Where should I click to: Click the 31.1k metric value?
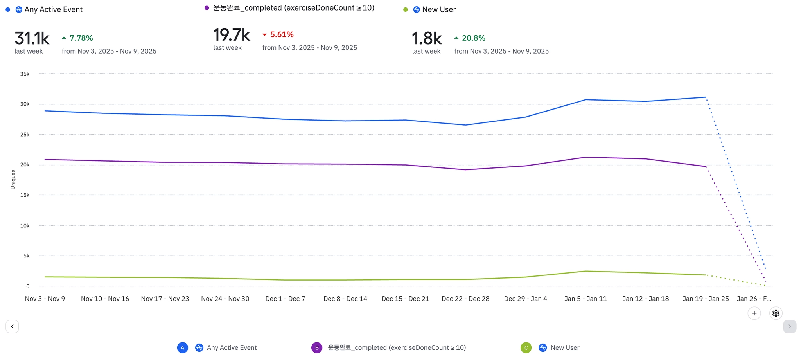coord(32,39)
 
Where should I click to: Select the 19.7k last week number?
coord(232,35)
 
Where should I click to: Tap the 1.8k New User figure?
coord(427,39)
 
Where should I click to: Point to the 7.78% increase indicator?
coord(81,38)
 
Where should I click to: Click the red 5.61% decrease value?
coord(282,34)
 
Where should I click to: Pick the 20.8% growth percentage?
coord(473,38)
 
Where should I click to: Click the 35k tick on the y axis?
coord(25,74)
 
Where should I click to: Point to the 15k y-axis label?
coord(25,195)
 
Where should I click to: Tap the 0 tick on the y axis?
coord(28,286)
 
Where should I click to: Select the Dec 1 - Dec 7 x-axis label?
coord(285,299)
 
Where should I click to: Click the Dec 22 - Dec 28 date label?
coord(465,299)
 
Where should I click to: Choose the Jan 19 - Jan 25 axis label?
coord(706,299)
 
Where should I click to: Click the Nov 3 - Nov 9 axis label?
coord(45,299)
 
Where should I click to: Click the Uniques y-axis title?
coord(13,180)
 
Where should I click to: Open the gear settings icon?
coord(776,313)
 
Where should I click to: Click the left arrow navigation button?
coord(12,326)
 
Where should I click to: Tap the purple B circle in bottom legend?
coord(317,347)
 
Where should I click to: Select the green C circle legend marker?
coord(526,347)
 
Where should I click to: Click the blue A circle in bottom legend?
coord(182,347)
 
